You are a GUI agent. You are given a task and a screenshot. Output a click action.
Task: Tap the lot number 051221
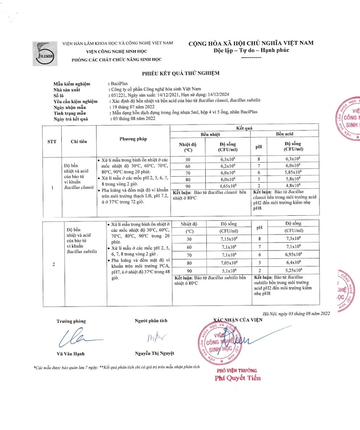point(117,95)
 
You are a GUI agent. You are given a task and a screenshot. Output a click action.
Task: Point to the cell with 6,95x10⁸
point(292,255)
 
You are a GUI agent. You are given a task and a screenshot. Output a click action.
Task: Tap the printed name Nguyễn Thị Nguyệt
point(155,353)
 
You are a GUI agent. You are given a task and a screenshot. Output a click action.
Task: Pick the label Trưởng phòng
point(71,321)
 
